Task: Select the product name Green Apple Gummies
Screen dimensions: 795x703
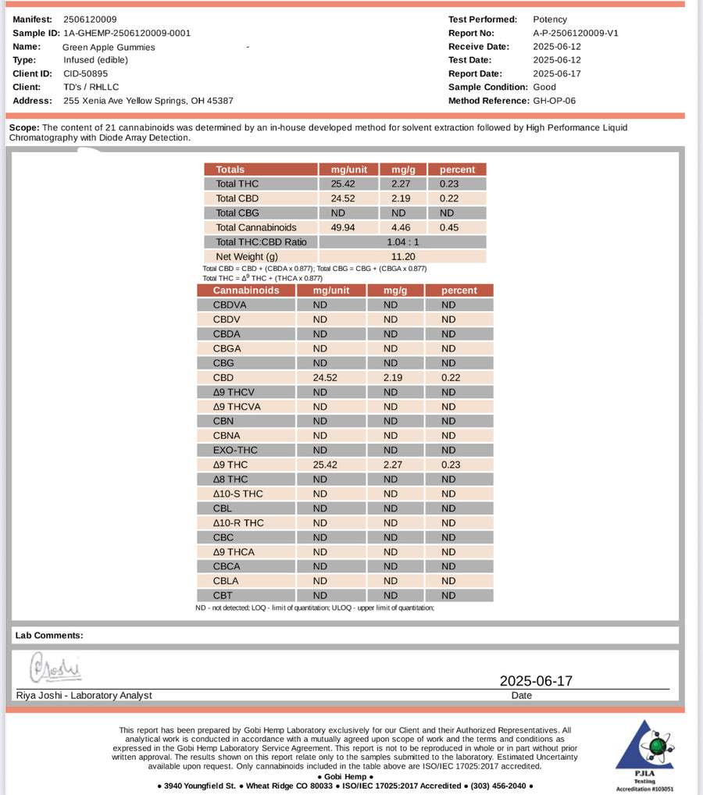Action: (109, 47)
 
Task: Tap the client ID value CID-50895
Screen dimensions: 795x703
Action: (86, 73)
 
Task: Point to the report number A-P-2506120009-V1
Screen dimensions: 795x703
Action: (576, 33)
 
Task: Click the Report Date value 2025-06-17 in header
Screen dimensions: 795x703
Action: (557, 73)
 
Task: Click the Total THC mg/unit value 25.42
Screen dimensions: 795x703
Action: (343, 184)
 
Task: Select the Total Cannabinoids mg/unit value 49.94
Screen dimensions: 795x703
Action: (343, 227)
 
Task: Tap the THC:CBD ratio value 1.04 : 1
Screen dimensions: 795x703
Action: (402, 242)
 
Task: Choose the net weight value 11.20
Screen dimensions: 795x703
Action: (402, 256)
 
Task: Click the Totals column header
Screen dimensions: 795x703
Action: (230, 169)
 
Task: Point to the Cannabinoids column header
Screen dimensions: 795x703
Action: (246, 291)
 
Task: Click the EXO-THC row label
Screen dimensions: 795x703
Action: (235, 450)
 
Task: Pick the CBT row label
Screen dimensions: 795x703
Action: (223, 595)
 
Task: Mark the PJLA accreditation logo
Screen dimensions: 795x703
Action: (644, 754)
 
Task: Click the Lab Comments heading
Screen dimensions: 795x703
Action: (49, 636)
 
